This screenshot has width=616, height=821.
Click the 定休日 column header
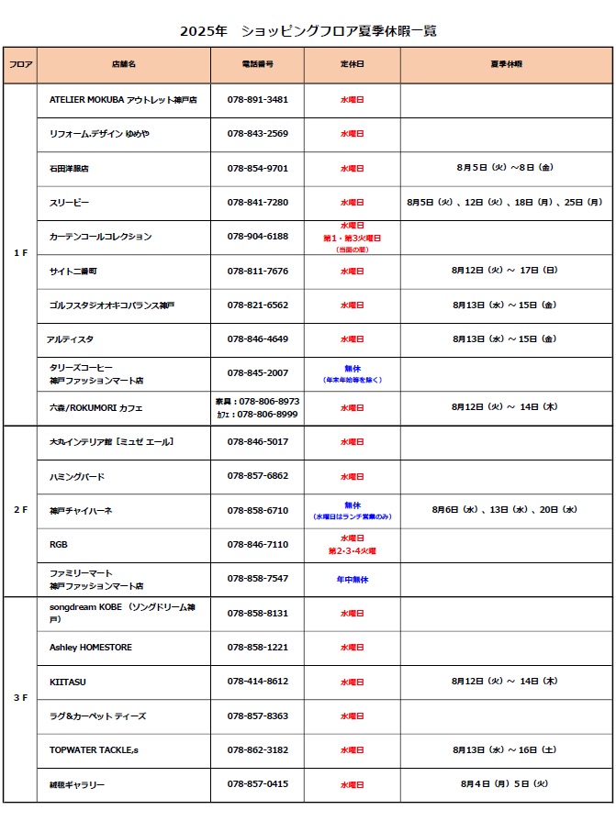pos(352,64)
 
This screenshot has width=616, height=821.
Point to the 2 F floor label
pos(20,510)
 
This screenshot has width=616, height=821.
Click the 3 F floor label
pos(20,698)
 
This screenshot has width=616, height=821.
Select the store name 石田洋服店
pos(69,169)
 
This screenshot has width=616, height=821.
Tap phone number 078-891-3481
pos(257,100)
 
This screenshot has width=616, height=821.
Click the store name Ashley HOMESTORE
pos(91,648)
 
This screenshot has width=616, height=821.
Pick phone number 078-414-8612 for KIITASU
pos(257,682)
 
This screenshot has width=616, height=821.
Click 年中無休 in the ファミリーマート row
pos(352,580)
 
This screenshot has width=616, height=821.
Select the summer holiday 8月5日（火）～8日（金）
pos(504,169)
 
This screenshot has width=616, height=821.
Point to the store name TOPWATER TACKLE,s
pos(94,750)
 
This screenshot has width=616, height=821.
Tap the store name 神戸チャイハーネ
pos(81,510)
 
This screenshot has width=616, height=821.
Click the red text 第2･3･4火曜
pos(352,551)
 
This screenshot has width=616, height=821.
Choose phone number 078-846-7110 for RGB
pos(257,545)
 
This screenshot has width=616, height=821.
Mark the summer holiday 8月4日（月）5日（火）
pos(504,784)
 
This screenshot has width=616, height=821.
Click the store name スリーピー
pos(70,203)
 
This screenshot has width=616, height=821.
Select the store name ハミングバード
pos(77,476)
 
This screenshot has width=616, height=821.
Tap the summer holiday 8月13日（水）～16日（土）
pos(504,750)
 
